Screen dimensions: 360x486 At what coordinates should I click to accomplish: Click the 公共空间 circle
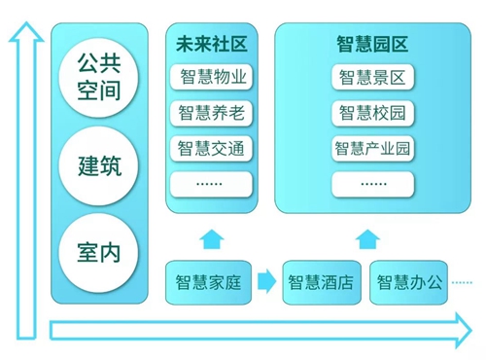click(97, 78)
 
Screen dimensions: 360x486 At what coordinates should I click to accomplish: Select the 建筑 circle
click(97, 164)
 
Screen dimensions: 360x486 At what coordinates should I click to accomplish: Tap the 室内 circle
click(97, 252)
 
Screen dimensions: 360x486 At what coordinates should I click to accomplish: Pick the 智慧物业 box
click(212, 77)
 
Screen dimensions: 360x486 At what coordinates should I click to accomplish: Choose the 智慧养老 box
click(212, 113)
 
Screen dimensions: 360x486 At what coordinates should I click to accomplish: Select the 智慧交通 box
click(212, 148)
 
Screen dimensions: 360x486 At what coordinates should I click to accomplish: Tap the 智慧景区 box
click(371, 77)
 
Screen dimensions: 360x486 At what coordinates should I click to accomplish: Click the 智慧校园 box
click(371, 113)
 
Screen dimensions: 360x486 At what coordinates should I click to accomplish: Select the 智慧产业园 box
click(371, 148)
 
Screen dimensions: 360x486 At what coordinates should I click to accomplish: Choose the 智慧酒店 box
click(320, 283)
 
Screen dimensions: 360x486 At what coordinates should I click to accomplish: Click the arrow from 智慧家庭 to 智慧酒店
click(264, 283)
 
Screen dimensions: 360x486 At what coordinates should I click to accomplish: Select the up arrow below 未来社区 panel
click(210, 238)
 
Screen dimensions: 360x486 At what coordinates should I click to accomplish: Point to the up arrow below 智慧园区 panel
click(367, 238)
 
